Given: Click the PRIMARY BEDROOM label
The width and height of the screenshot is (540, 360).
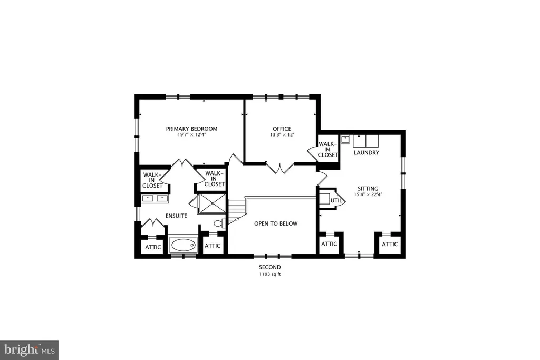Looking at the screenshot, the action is pos(191,129).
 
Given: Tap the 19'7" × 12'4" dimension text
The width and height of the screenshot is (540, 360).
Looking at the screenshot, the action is pos(191,135).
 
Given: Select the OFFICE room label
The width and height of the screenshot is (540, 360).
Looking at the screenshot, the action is pos(282,129).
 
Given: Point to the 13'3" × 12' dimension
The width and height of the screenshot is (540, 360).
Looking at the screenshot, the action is pos(282,135).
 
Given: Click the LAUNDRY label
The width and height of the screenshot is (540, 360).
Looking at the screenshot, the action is pos(367,152).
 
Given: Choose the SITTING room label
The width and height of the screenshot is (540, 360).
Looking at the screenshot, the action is pos(368,189).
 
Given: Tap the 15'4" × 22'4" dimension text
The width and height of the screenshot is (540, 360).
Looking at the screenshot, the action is pos(368,194).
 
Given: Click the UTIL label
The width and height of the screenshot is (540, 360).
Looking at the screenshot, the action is pos(336,200).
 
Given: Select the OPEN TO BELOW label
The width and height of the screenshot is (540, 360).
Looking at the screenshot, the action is pos(276,223).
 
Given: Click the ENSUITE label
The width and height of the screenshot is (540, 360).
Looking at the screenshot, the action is pos(176,216).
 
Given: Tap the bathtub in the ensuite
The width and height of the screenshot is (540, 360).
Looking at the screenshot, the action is pos(183,245).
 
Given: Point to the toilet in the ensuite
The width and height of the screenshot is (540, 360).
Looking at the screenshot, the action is pos(219,223).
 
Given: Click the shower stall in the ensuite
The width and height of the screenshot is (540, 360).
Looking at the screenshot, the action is pos(212,204).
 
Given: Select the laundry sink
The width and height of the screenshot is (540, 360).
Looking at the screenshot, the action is pos(345,139).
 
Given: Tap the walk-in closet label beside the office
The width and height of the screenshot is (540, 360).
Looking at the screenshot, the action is pos(327,150).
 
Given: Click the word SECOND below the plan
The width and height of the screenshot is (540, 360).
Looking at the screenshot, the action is pos(270,267).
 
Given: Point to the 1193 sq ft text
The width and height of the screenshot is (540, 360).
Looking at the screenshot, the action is pos(270,274).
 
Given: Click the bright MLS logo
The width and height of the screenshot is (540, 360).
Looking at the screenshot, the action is pos(30,350).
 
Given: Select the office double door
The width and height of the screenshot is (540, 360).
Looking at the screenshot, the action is pos(280,168).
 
